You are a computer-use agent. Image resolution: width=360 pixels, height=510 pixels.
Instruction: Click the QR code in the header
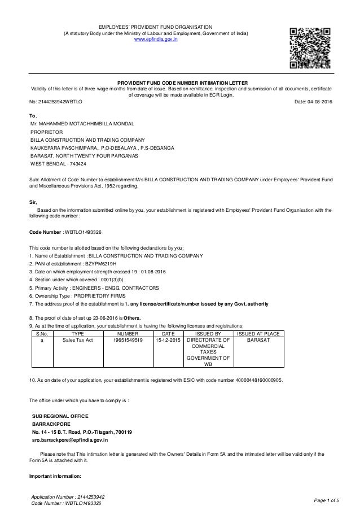point(309,43)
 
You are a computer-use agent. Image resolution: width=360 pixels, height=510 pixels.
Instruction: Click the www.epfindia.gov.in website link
point(155,40)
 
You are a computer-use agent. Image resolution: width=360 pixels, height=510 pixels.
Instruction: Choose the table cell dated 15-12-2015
point(166,341)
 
